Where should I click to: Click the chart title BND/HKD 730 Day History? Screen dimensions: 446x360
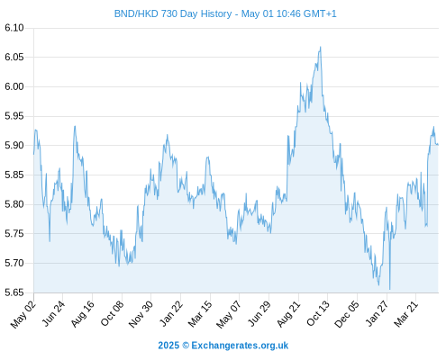pos(173,13)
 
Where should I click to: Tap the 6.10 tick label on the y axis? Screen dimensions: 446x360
pos(14,28)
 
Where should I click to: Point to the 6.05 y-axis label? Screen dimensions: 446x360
pos(14,57)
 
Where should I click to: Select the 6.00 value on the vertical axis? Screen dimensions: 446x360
pos(14,86)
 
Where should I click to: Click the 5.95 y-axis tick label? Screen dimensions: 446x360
pos(14,116)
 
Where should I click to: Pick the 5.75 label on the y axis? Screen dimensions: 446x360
pos(14,234)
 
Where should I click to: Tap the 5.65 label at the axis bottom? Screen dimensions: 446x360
pos(14,292)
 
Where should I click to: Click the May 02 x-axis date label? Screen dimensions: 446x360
pos(23,314)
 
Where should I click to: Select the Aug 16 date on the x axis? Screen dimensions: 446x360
pos(83,314)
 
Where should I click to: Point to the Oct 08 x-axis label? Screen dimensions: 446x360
pos(112,314)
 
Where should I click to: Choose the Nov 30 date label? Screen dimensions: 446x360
pos(141,314)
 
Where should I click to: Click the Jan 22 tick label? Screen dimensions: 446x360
pos(171,314)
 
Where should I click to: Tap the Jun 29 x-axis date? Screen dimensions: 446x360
pos(259,314)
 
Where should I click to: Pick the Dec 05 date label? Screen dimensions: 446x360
pos(347,314)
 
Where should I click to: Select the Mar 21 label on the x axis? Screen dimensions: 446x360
pos(406,314)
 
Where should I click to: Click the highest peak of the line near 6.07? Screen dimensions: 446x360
pos(321,47)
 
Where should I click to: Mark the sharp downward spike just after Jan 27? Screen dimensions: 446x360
pos(390,289)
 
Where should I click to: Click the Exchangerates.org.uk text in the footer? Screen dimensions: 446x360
pos(240,346)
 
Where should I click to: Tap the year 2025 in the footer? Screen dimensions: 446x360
pos(168,346)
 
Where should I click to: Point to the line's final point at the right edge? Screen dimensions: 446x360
pos(438,145)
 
